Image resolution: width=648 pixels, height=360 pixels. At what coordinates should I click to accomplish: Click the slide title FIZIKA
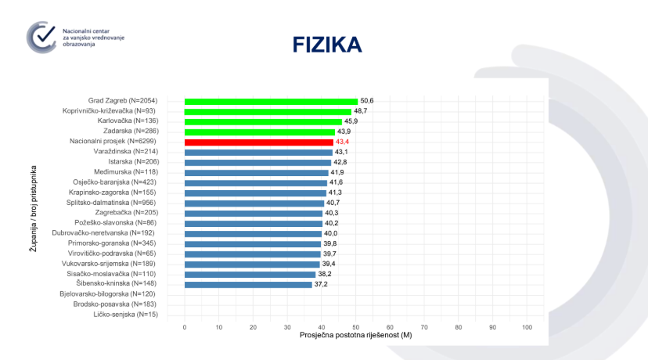pos(327,45)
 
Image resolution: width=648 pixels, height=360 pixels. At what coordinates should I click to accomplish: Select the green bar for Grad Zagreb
pos(271,101)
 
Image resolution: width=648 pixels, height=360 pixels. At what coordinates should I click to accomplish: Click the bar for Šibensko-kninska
pos(248,284)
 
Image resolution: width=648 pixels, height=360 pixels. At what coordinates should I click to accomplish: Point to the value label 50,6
pos(367,101)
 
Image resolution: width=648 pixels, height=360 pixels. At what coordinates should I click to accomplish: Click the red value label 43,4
pos(343,142)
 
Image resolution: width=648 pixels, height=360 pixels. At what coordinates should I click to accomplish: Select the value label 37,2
pos(322,284)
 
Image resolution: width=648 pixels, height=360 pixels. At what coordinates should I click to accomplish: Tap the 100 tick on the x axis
pos(527,326)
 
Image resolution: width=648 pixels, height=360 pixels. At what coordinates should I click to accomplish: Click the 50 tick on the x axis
pos(355,326)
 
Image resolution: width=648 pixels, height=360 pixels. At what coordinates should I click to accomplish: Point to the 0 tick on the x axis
pos(185,326)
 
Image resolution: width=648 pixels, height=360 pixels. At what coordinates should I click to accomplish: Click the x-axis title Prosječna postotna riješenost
pos(355,335)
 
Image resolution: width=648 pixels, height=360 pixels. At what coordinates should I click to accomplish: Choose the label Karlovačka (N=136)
pos(138,121)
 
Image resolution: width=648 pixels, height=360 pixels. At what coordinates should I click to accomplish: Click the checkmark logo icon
pos(41,38)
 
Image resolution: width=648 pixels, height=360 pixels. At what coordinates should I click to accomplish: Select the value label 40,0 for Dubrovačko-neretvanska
pos(332,233)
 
